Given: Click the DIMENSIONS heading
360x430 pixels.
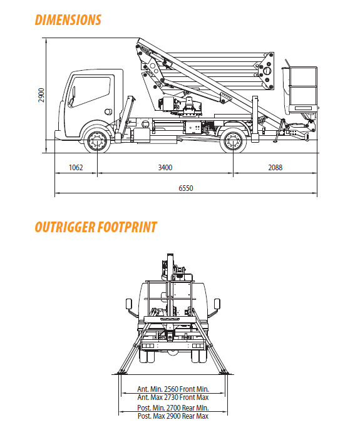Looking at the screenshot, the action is tap(68, 20).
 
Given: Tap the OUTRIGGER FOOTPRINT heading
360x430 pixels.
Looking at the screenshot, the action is tap(96, 227).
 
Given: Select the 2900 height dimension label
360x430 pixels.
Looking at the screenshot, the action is tap(41, 95).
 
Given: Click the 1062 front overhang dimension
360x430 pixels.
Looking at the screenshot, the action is tap(76, 167).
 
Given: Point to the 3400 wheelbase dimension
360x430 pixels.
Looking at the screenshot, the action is tap(165, 167).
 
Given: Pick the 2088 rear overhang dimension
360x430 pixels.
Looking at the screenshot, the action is tap(275, 167).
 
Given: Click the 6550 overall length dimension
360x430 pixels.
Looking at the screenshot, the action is tap(186, 188).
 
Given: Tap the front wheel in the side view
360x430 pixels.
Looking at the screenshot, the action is tap(97, 141).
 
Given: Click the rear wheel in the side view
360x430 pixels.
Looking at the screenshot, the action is tap(234, 141).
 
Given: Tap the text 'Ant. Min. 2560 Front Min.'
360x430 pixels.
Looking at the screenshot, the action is tap(173, 389).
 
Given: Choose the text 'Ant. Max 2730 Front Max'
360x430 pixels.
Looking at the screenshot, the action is tap(173, 397).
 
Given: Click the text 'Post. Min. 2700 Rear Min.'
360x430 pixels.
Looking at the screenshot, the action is tap(173, 407).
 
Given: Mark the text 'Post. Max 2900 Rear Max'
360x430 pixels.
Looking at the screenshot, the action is tap(173, 416).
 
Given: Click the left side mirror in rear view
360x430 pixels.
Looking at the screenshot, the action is tap(129, 304).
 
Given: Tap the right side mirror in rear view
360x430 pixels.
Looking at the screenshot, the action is tap(217, 304).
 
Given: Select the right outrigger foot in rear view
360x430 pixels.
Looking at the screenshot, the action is tap(225, 372).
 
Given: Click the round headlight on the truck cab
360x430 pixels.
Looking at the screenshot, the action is tap(108, 111).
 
